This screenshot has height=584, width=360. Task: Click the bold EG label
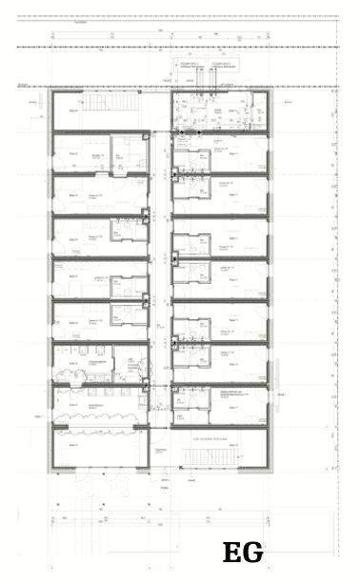(x=242, y=553)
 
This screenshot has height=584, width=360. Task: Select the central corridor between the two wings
(x=160, y=276)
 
